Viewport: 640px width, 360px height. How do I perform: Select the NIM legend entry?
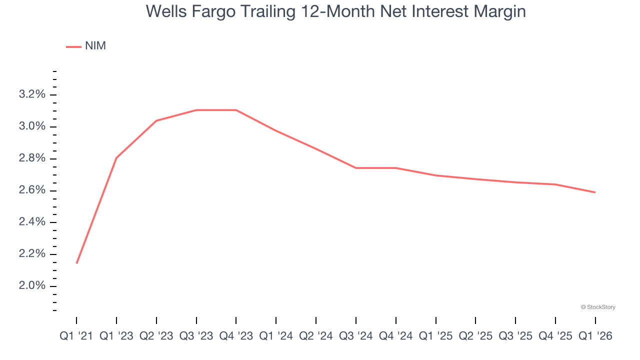86,46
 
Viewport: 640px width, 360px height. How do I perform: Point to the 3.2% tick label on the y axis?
32,94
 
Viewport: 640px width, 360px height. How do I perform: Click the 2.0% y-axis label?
32,286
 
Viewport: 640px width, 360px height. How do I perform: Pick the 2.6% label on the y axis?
32,190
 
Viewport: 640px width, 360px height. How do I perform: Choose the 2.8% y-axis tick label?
32,158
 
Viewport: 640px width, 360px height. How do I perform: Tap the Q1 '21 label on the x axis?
76,336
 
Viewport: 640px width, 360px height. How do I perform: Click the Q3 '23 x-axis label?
196,336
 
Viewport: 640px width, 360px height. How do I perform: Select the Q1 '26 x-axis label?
595,336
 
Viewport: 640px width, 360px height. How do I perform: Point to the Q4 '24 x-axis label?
395,336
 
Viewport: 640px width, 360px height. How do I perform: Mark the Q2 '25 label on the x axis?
475,336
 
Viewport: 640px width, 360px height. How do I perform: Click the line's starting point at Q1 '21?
76,263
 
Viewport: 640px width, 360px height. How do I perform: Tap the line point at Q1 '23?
116,158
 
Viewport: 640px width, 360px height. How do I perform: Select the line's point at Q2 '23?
156,120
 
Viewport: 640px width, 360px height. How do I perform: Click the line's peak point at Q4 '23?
236,110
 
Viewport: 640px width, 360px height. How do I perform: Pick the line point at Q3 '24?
355,168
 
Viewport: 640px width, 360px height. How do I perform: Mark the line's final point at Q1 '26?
595,192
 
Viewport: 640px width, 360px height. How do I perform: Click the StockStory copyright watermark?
598,307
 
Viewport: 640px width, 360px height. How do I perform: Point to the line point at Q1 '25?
435,175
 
